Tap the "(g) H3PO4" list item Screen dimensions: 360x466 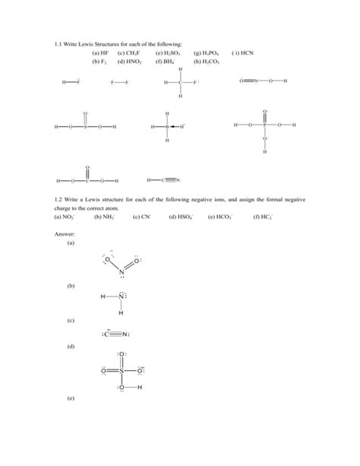pos(206,54)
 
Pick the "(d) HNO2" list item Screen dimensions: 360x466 pos(129,62)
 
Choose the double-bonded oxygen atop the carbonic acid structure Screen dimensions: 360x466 pos(88,166)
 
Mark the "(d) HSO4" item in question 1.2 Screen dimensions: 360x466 pos(182,217)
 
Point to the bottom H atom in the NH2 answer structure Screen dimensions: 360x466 pos(120,313)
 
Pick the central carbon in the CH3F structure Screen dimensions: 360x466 pos(180,82)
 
